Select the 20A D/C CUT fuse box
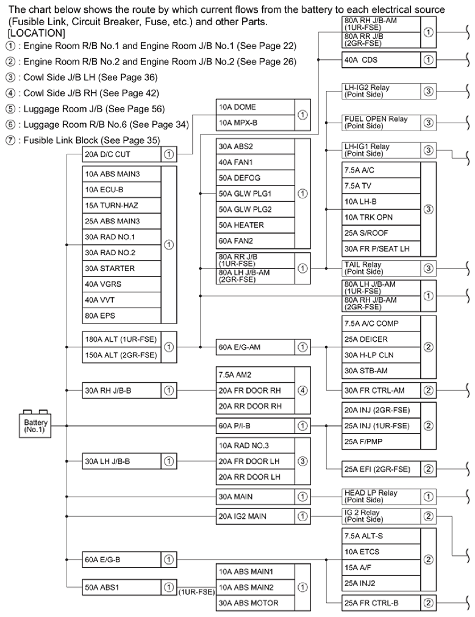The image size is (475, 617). [x=121, y=154]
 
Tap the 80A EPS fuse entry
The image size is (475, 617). [x=121, y=316]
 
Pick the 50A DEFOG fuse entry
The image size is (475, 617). [x=255, y=178]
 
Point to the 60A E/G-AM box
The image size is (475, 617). [x=255, y=347]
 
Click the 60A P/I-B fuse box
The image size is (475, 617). [x=255, y=425]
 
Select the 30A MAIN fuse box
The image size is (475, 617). [x=255, y=497]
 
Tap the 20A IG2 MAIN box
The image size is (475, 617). [x=255, y=516]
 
